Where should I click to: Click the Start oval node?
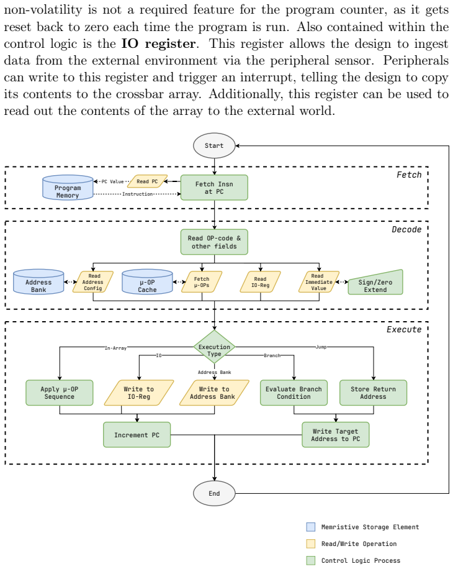pyautogui.click(x=214, y=145)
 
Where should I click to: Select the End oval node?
pyautogui.click(x=214, y=493)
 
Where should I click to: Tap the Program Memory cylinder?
pyautogui.click(x=68, y=188)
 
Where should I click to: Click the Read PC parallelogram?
pyautogui.click(x=147, y=181)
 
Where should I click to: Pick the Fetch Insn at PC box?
pyautogui.click(x=214, y=188)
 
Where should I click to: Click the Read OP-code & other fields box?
pyautogui.click(x=214, y=242)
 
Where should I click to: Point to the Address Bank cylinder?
pyautogui.click(x=38, y=281)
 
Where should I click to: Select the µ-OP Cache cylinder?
pyautogui.click(x=147, y=281)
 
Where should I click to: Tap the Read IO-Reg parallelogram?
pyautogui.click(x=260, y=282)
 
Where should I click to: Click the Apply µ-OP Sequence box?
pyautogui.click(x=60, y=393)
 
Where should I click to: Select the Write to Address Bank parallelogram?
pyautogui.click(x=214, y=393)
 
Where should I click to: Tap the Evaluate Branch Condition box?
pyautogui.click(x=294, y=393)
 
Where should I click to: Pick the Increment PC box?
pyautogui.click(x=137, y=435)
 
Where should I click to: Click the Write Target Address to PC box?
pyautogui.click(x=336, y=435)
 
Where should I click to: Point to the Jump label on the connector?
pyautogui.click(x=321, y=347)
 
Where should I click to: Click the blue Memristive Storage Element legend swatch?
pyautogui.click(x=310, y=527)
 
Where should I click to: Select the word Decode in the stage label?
pyautogui.click(x=406, y=229)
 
